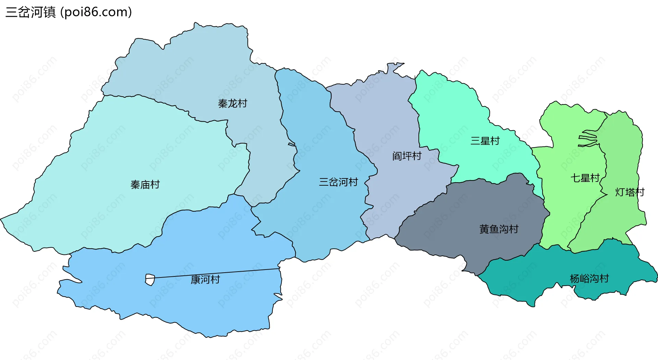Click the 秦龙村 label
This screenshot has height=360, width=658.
pos(232,103)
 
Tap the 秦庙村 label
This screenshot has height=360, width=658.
pos(145,185)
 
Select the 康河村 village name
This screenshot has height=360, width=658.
pos(205,280)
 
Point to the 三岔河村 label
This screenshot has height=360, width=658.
pos(338,182)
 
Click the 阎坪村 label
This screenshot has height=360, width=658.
pos(407,156)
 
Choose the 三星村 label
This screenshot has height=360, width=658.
pos(485,141)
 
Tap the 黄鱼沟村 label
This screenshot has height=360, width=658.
pos(499,229)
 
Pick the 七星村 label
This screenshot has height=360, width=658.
pos(585,178)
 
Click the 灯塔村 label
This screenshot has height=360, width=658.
pos(630,192)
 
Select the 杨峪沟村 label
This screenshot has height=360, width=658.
pos(589,278)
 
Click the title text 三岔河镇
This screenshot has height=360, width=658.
pos(31,12)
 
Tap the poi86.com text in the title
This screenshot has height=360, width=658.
pos(96,12)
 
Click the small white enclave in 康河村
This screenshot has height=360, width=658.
pos(150,280)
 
